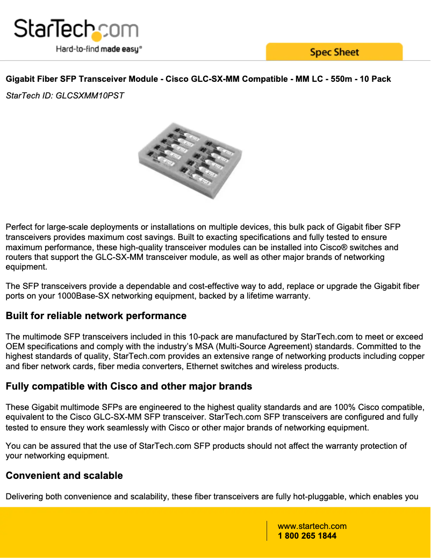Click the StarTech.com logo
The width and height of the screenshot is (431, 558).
76,29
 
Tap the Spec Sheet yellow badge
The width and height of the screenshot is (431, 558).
334,52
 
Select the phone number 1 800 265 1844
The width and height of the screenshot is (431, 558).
307,536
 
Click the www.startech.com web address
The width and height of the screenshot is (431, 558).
312,526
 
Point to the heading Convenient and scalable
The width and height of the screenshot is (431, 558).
64,476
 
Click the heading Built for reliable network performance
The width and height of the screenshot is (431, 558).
96,316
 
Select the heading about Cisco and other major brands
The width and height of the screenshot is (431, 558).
128,386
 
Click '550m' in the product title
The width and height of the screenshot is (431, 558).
341,79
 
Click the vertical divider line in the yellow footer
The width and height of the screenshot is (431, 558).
267,531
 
